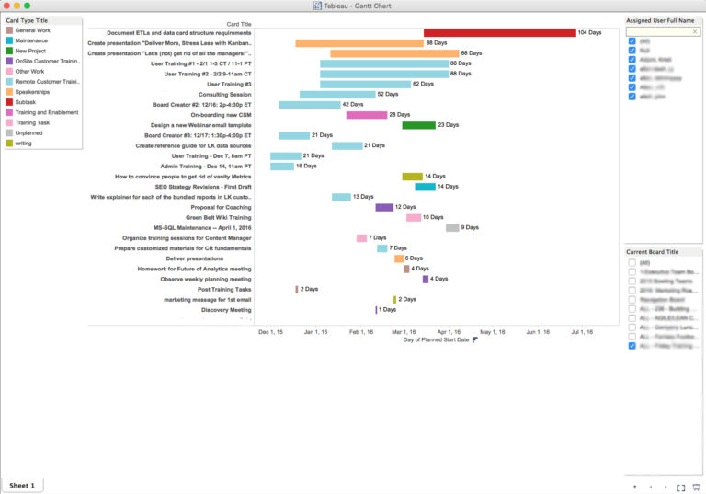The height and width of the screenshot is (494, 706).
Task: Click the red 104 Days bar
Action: (499, 32)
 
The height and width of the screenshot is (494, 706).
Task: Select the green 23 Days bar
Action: (418, 125)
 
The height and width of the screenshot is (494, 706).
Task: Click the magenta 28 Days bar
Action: (366, 115)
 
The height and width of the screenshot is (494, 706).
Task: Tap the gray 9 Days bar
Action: (451, 228)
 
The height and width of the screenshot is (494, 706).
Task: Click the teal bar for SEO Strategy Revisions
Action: (425, 187)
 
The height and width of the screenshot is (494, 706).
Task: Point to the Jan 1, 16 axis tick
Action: (314, 331)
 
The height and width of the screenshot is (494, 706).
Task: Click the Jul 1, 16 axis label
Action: (580, 331)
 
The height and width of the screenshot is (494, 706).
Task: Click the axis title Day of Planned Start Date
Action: (436, 340)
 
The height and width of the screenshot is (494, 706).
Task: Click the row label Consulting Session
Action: (224, 94)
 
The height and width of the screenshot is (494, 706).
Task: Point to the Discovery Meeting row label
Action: (225, 310)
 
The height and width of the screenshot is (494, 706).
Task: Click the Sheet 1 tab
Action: (22, 485)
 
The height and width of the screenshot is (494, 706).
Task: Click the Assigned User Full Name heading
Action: (661, 19)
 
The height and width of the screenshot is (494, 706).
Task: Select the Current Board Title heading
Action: (653, 251)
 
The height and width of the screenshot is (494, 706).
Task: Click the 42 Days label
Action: (353, 105)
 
